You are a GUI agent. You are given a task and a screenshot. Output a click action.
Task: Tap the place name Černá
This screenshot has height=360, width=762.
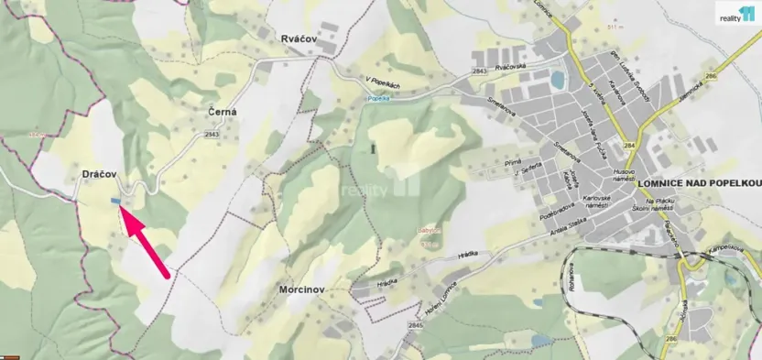(223, 112)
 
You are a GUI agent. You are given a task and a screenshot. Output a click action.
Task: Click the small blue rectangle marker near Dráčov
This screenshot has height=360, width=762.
(115, 202)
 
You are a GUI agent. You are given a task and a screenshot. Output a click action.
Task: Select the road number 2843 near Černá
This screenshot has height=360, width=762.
(212, 135)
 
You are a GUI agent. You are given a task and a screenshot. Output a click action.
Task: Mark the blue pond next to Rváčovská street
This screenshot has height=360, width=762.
(558, 82)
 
